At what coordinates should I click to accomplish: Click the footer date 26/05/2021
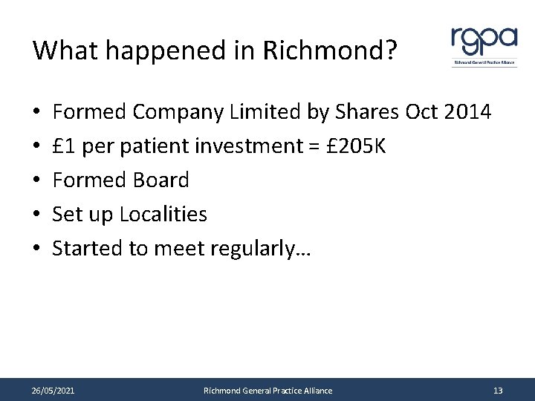point(53,390)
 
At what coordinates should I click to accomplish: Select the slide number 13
point(498,390)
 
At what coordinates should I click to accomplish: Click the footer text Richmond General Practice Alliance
point(268,390)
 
